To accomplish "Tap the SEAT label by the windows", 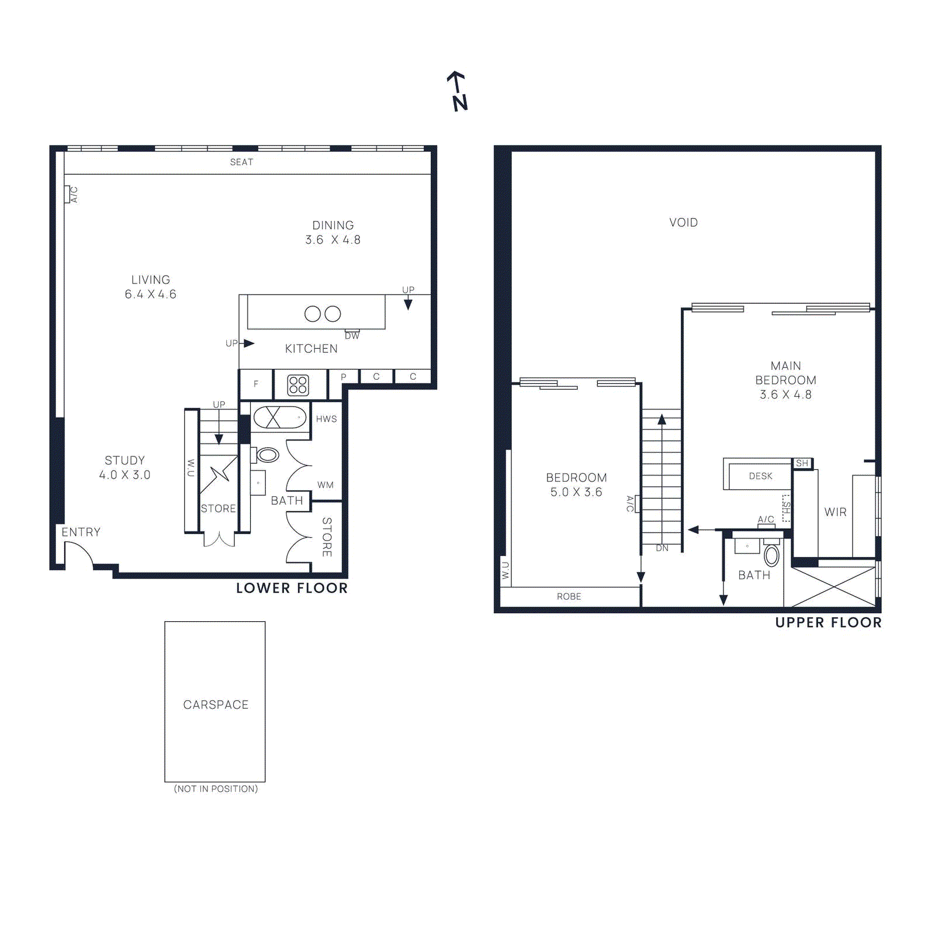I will tap(241, 162).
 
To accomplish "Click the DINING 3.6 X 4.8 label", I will tap(333, 233).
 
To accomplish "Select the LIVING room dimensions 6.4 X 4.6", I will tap(150, 295).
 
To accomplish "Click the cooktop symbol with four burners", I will tap(298, 385).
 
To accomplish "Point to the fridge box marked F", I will tap(256, 385).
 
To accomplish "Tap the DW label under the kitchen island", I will tap(352, 336).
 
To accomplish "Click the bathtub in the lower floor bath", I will tap(280, 417).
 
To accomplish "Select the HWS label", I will tap(326, 419).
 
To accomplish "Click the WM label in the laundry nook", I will tap(325, 485).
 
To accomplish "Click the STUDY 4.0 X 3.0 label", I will tap(124, 467).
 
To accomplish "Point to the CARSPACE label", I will tap(216, 705).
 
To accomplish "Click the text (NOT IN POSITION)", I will tap(216, 789).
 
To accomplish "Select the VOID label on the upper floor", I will tap(683, 223).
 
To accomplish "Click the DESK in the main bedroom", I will tap(760, 476).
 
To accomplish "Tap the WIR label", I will tap(835, 512).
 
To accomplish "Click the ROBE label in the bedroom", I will tap(569, 597).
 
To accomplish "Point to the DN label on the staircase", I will tap(662, 548).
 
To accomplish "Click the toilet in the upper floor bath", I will tap(771, 556).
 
